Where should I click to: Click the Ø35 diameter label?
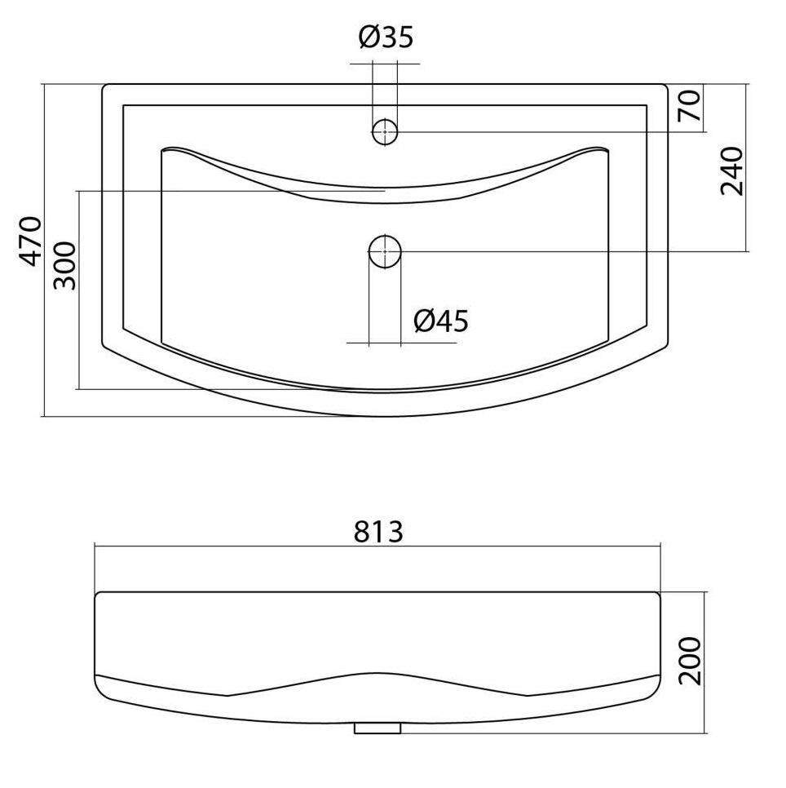(x=386, y=37)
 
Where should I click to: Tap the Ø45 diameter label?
(x=440, y=321)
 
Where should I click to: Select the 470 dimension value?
(x=30, y=241)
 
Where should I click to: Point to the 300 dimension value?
(x=64, y=266)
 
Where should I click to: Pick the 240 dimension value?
(x=731, y=171)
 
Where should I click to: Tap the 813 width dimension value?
(x=378, y=531)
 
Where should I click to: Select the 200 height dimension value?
(x=690, y=661)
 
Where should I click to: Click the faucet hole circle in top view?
(x=385, y=131)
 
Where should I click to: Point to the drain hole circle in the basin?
(x=385, y=251)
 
